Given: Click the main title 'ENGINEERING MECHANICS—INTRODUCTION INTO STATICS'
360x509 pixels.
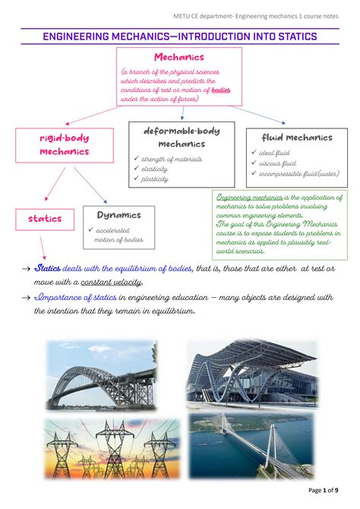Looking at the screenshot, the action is tap(179, 36).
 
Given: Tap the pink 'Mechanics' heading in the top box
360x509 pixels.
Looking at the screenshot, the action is tap(179, 58).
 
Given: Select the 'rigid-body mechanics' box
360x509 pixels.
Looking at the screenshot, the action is tap(65, 145).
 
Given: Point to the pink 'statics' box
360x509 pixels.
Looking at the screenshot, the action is tap(45, 219).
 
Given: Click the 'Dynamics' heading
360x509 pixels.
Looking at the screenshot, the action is tap(118, 215).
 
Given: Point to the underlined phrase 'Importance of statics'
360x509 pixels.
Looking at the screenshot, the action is tap(75, 298).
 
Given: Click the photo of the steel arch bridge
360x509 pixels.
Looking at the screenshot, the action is tap(101, 374).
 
